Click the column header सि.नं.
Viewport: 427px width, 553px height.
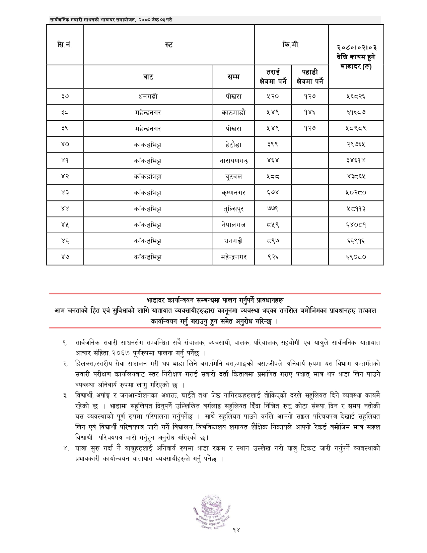click(x=65, y=45)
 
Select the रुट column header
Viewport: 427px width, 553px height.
click(x=169, y=45)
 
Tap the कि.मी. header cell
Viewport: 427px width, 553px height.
click(x=291, y=45)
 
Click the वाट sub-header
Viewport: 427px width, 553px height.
click(x=148, y=77)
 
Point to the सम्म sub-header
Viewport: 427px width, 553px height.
click(x=233, y=77)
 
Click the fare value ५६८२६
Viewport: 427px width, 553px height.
click(x=356, y=97)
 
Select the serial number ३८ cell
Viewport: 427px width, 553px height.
click(x=65, y=113)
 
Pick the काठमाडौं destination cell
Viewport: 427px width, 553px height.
click(x=233, y=113)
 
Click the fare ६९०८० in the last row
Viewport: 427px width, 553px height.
click(x=356, y=257)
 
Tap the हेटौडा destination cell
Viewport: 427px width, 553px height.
click(x=233, y=145)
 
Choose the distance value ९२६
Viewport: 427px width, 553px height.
click(x=273, y=257)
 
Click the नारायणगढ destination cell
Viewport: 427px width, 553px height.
click(x=233, y=161)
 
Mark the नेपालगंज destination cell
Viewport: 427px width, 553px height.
click(x=233, y=225)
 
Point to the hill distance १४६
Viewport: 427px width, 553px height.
click(x=310, y=113)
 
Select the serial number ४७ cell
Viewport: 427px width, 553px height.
click(x=65, y=257)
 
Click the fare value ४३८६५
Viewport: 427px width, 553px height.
click(x=356, y=177)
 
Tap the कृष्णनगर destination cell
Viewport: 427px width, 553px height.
click(x=233, y=193)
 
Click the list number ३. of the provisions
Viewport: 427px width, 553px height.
click(x=65, y=396)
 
